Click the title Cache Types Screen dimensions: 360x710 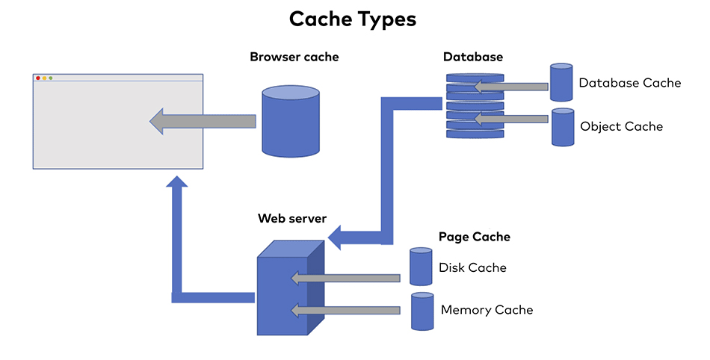tap(353, 19)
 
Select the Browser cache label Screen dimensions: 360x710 tap(294, 57)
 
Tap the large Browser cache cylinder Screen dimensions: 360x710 tap(291, 122)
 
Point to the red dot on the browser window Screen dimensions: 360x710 tap(38, 78)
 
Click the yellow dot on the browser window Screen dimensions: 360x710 tap(44, 78)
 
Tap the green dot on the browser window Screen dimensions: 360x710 tap(50, 78)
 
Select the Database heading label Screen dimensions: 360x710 tap(472, 57)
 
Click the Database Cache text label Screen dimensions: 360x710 tap(629, 83)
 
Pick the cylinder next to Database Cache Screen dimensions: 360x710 tap(561, 83)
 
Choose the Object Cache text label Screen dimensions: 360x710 tap(621, 126)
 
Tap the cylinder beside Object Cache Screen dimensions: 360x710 tap(562, 127)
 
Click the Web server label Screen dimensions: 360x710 tap(291, 219)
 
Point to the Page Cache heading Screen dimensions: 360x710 tap(474, 237)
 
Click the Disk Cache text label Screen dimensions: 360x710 tap(472, 267)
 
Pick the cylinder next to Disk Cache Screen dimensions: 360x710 tap(421, 267)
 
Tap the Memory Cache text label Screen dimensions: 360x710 tap(487, 309)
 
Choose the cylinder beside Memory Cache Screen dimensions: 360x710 tap(422, 311)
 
